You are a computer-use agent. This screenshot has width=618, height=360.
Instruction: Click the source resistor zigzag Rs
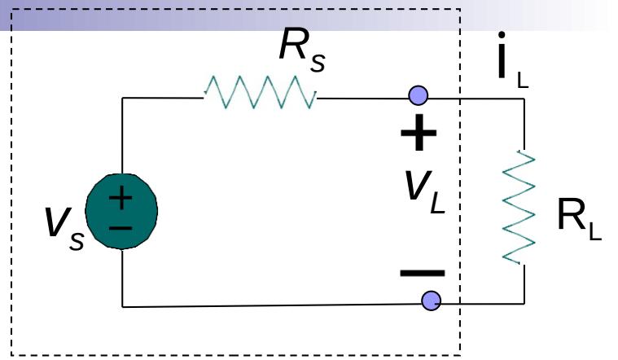tap(261, 94)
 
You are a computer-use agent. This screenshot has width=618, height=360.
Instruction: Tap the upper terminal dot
tap(418, 96)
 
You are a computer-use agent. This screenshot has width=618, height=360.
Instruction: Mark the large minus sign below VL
tap(422, 272)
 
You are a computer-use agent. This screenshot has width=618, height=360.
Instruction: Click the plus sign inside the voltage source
tap(121, 196)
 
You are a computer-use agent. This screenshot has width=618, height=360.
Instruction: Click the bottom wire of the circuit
tap(269, 305)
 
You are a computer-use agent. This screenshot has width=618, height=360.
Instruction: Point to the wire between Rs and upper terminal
tap(366, 97)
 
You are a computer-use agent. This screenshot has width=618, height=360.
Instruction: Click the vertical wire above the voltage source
tap(122, 138)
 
